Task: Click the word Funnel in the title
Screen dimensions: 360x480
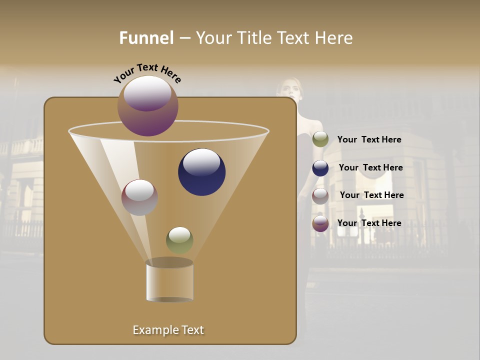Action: (146, 38)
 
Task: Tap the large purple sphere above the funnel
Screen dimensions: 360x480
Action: (148, 105)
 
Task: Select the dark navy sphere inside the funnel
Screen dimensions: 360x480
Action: (201, 171)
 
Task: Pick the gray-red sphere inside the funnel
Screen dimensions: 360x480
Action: (139, 197)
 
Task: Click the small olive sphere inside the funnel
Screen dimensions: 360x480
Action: (179, 240)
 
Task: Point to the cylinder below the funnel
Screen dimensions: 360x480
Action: (169, 281)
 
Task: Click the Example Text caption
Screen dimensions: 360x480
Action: (168, 330)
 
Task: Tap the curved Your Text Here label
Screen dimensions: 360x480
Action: (147, 72)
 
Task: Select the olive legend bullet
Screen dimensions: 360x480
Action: (320, 139)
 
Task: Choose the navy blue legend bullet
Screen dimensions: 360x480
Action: (320, 168)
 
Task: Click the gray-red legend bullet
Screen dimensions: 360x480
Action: (320, 195)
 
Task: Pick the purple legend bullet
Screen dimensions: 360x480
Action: (320, 223)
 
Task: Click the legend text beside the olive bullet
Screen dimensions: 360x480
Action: (369, 139)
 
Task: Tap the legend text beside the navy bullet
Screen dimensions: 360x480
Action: (370, 167)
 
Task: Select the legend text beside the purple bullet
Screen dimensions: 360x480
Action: (369, 223)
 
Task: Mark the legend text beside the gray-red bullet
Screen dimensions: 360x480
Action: (371, 195)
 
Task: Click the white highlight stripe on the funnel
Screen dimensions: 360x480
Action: (120, 170)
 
